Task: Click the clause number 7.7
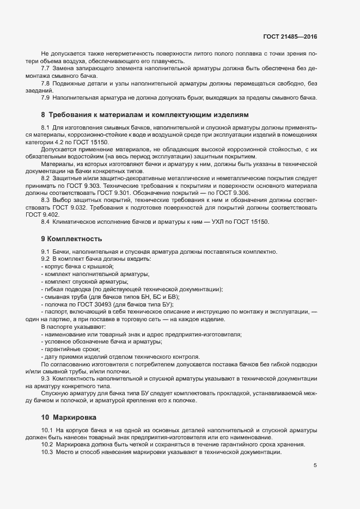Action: coord(46,68)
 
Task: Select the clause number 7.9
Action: coord(46,97)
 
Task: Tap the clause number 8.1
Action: coord(46,128)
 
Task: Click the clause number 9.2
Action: coord(46,259)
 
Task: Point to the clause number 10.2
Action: coord(47,445)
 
